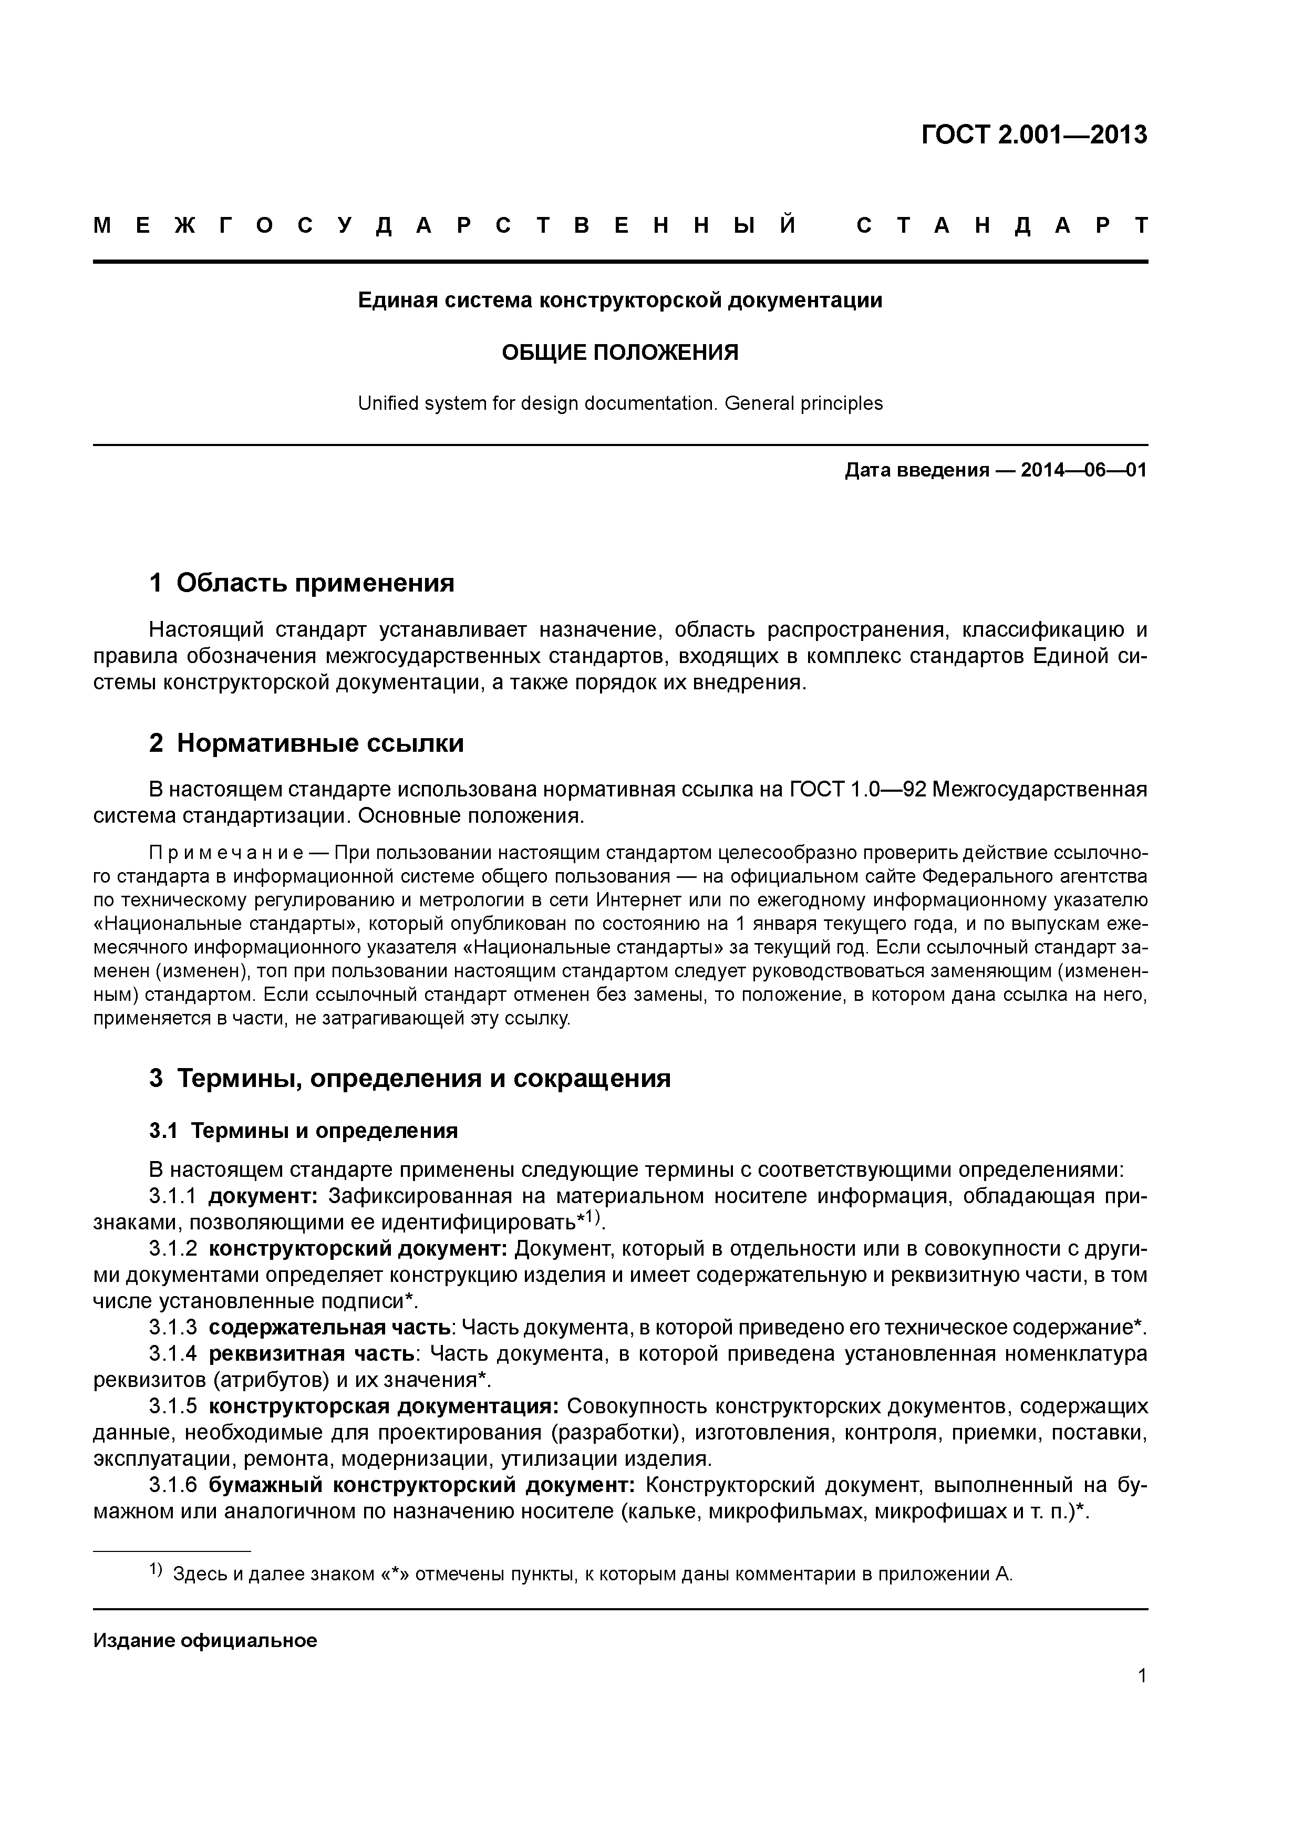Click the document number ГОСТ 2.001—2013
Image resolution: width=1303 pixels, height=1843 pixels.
[1034, 135]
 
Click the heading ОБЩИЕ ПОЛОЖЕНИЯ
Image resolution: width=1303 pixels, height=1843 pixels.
[620, 353]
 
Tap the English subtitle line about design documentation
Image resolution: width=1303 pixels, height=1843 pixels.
[620, 403]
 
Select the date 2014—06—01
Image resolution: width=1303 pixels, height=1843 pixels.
[1084, 470]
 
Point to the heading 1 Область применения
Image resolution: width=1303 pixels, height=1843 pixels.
[302, 583]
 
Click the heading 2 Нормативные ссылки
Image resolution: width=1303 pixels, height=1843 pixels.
[307, 743]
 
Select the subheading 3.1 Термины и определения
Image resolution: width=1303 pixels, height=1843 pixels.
[304, 1131]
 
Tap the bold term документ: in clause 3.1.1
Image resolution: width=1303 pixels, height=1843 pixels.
[263, 1197]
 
